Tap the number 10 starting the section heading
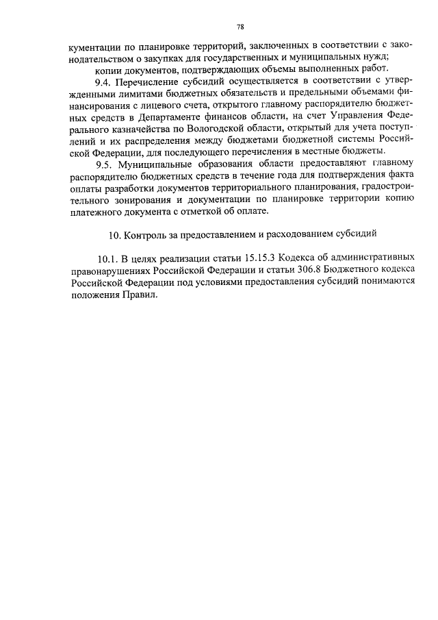point(115,233)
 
